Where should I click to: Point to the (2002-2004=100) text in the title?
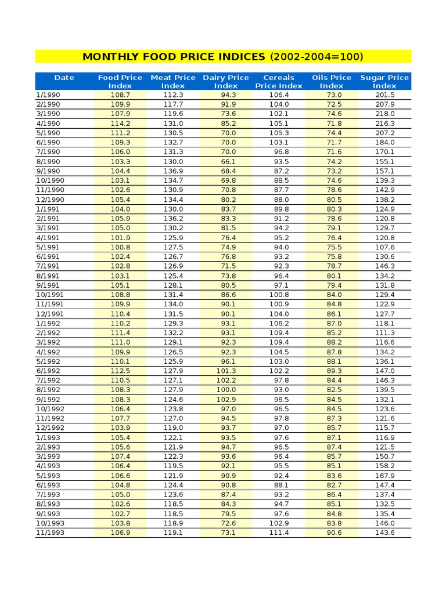[x=316, y=56]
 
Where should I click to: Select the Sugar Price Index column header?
[x=384, y=81]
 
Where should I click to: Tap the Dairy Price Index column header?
[x=226, y=81]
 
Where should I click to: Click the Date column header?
[x=64, y=77]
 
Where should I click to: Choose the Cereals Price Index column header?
[x=279, y=81]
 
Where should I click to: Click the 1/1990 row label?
[x=48, y=95]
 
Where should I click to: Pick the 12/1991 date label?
[x=50, y=314]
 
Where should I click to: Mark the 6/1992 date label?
[x=48, y=371]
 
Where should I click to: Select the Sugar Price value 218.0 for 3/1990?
[x=384, y=114]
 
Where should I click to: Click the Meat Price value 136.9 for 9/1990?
[x=173, y=171]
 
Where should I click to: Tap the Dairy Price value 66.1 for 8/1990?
[x=228, y=161]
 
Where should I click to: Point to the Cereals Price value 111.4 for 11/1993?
[x=279, y=533]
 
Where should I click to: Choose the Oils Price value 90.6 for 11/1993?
[x=334, y=533]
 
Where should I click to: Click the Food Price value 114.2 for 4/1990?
[x=120, y=124]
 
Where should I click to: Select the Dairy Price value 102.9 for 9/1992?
[x=226, y=399]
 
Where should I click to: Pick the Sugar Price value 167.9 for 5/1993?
[x=384, y=476]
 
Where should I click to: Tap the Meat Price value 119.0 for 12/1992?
[x=173, y=428]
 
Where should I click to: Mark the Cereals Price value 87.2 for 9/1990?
[x=281, y=171]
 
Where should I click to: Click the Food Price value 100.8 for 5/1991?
[x=120, y=247]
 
